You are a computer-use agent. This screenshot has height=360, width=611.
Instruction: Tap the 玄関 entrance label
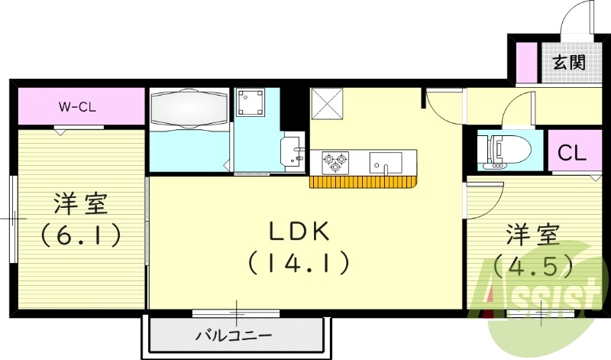pyautogui.click(x=568, y=63)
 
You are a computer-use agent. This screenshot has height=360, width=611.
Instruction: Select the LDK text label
pyautogui.click(x=298, y=231)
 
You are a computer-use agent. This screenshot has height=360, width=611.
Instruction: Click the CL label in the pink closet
pyautogui.click(x=571, y=153)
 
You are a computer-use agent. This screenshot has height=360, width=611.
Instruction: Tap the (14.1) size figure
pyautogui.click(x=298, y=264)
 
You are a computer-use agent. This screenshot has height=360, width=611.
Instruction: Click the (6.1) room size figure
pyautogui.click(x=81, y=235)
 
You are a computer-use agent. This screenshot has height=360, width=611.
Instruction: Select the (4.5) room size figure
pyautogui.click(x=533, y=265)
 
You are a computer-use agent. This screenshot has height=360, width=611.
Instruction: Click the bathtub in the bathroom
pyautogui.click(x=189, y=109)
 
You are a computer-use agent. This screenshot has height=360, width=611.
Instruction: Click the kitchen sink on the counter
pyautogui.click(x=386, y=163)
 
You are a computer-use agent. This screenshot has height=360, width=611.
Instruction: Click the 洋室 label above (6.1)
pyautogui.click(x=81, y=204)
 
